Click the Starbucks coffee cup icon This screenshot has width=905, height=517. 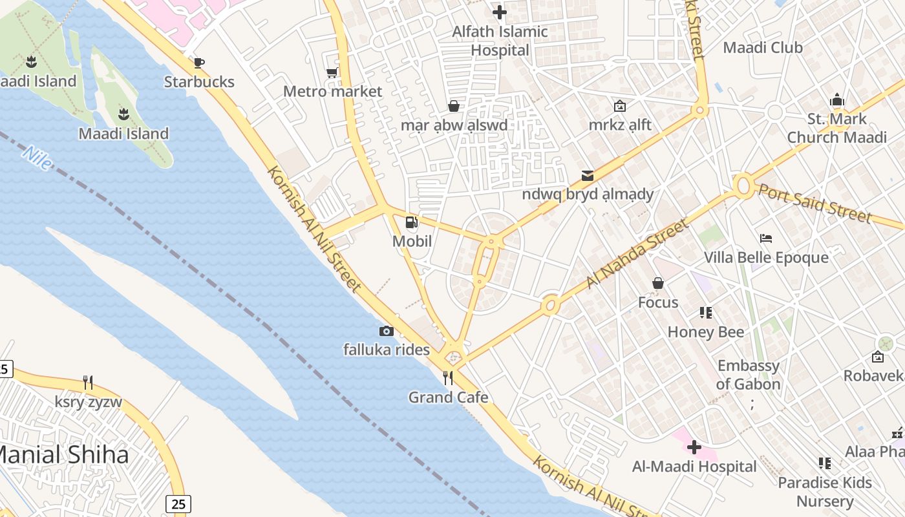point(199,63)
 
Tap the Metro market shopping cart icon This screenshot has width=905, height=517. point(332,72)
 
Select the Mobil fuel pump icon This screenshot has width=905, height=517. point(411,223)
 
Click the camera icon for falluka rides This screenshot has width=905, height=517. point(386,331)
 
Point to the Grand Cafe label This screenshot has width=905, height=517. point(448,397)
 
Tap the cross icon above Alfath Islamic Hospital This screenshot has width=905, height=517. point(499,12)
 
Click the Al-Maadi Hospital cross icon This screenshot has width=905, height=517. point(694,447)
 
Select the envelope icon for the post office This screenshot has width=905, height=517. point(587,175)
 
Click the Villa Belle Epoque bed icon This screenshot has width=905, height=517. point(766,238)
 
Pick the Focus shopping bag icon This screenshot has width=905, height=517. point(657,283)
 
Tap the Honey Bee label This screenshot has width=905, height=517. point(705,332)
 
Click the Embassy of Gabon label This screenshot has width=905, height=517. point(748,375)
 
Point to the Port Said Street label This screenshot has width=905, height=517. point(814,203)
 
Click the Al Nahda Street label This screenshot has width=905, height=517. point(637,254)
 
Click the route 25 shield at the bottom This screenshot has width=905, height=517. point(178,503)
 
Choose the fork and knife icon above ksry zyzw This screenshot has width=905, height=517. point(88,383)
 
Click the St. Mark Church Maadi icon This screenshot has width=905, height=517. point(837,100)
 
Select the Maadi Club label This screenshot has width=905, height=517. point(762,48)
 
